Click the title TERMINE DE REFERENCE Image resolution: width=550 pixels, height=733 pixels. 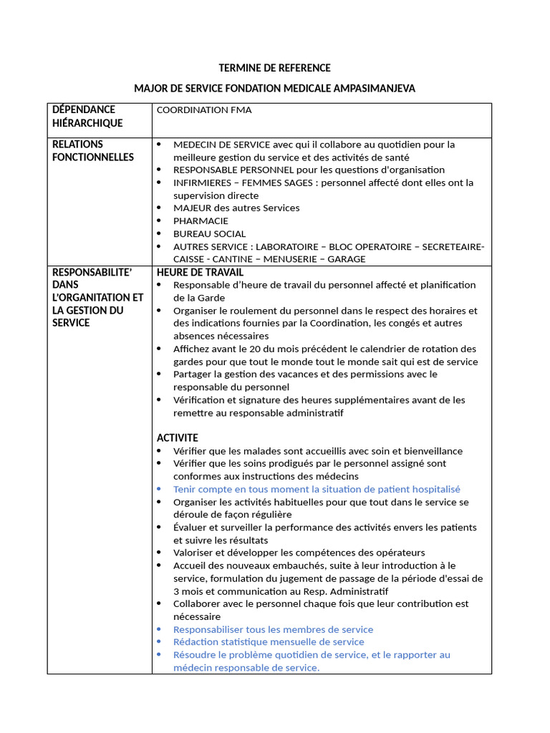pos(274,68)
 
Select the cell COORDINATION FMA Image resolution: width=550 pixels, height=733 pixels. pos(203,110)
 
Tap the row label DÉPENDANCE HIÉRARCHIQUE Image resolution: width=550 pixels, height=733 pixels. pos(87,116)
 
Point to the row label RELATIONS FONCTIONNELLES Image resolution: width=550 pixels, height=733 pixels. pos(93,150)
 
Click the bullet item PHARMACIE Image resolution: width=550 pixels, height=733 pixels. pos(201,220)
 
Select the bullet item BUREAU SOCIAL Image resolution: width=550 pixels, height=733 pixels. pos(209,233)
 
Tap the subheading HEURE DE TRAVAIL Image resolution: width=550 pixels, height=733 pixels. pos(200,272)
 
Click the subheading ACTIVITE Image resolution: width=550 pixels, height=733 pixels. pos(178,437)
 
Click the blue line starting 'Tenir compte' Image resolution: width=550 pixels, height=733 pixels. pos(317,489)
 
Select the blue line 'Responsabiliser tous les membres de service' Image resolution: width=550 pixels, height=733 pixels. pos(273,629)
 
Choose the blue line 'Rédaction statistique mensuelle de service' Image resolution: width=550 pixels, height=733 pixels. pos(269,642)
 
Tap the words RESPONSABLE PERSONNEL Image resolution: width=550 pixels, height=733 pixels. pos(232,170)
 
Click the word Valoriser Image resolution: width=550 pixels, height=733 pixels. pos(193,553)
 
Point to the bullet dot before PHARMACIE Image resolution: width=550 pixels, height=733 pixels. pos(159,220)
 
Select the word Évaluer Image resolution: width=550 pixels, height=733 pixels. pos(190,528)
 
